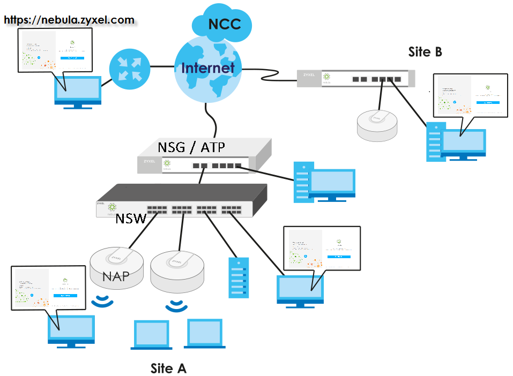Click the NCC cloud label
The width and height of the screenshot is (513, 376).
click(x=224, y=24)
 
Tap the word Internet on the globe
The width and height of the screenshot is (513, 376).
click(x=208, y=68)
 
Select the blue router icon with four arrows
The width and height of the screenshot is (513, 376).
click(x=129, y=69)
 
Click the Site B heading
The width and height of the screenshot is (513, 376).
click(x=425, y=52)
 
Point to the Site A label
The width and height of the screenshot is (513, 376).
click(x=168, y=369)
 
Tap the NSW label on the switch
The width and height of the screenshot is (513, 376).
click(x=131, y=219)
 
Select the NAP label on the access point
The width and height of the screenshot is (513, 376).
click(x=117, y=276)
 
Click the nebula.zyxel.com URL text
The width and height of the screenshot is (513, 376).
click(x=69, y=20)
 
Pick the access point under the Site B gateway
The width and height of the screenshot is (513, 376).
click(x=378, y=125)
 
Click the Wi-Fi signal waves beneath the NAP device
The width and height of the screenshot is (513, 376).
click(x=102, y=302)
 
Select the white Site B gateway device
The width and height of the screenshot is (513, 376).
click(x=356, y=79)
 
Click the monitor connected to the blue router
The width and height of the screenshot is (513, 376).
click(x=78, y=92)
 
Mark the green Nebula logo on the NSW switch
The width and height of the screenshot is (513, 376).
click(x=112, y=207)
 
